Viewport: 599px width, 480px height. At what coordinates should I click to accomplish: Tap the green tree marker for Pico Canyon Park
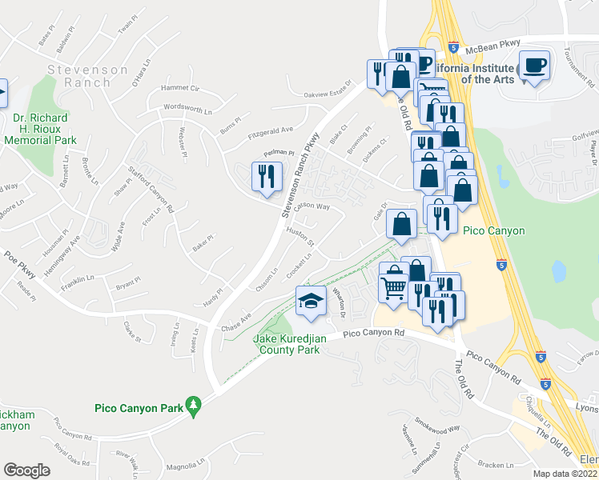click(x=193, y=406)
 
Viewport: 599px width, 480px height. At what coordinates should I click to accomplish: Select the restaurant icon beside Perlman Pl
click(x=267, y=176)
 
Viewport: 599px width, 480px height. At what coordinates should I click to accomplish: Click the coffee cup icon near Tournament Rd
click(x=533, y=65)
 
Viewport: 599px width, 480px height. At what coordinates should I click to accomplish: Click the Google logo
click(x=27, y=470)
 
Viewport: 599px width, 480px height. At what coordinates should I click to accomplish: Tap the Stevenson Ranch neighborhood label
click(x=88, y=76)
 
